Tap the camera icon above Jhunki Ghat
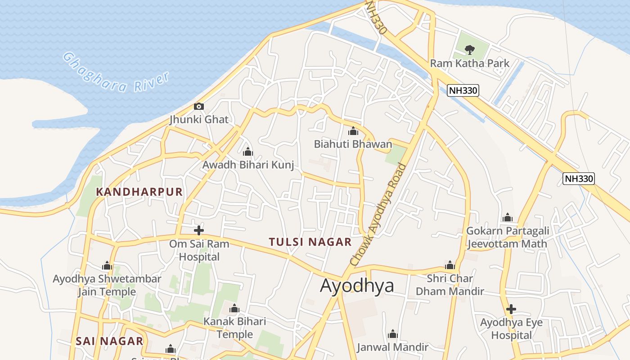point(198,107)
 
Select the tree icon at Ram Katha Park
point(469,49)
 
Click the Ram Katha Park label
point(469,63)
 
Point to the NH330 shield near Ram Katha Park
point(463,90)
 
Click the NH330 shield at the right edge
point(579,179)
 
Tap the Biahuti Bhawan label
point(353,144)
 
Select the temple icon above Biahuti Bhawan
point(353,131)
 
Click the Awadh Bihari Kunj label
point(248,165)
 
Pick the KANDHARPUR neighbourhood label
point(139,192)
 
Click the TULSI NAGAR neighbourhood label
point(310,242)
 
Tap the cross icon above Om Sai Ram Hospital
point(199,230)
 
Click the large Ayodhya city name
point(357,286)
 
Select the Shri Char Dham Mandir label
point(450,285)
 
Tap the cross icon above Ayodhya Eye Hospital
point(511,309)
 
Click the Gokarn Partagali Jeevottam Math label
point(508,237)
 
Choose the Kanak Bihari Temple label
point(234,328)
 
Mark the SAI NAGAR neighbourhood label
point(109,341)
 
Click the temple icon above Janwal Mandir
point(393,334)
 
